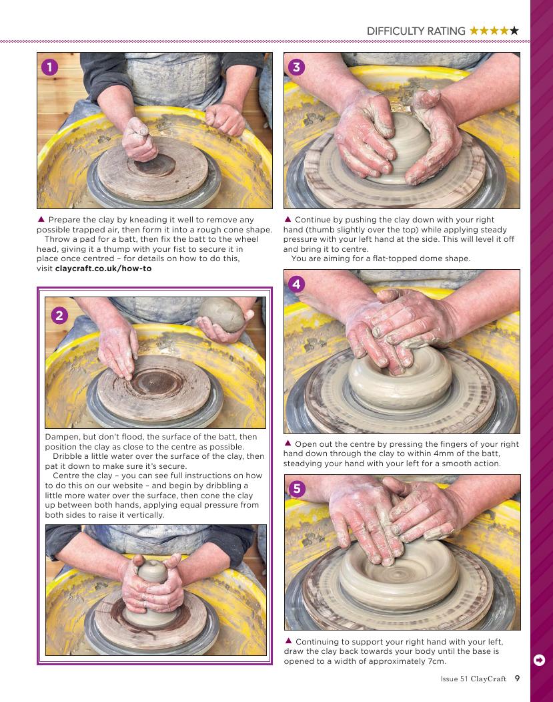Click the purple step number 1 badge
point(49,67)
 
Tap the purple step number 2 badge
point(59,315)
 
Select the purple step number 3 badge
point(296,67)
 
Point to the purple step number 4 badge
point(296,284)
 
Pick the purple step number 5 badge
point(298,489)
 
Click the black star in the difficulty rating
point(514,31)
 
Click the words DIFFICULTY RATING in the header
point(416,31)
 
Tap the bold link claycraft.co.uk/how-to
point(103,269)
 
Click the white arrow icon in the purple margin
point(540,660)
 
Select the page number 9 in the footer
point(517,678)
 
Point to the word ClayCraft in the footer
point(488,679)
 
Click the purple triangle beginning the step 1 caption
point(41,219)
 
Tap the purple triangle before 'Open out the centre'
point(288,444)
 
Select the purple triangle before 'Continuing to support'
point(288,641)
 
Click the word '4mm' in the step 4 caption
point(444,454)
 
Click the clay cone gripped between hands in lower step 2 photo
point(153,571)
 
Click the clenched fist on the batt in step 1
point(139,140)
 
